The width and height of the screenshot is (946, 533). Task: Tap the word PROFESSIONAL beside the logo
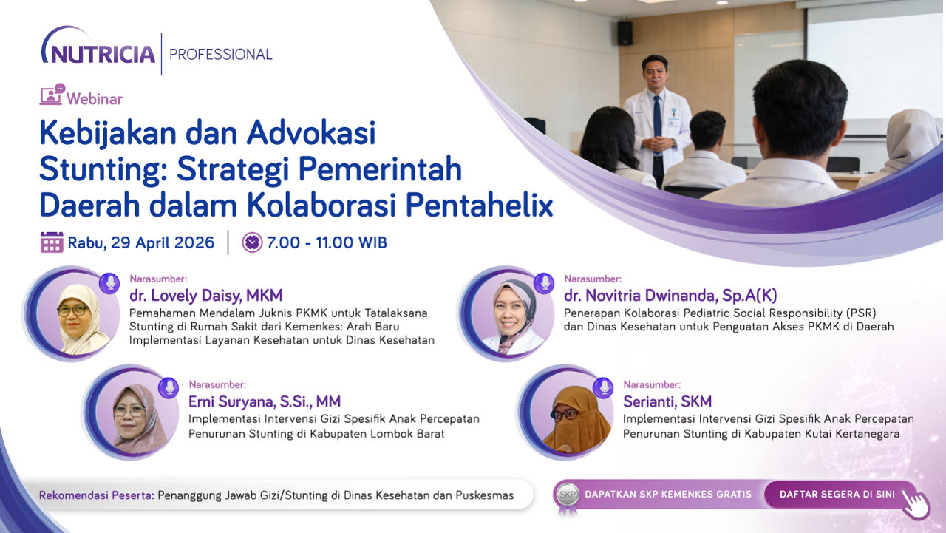[x=221, y=55]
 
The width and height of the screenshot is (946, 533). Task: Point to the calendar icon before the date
[x=52, y=242]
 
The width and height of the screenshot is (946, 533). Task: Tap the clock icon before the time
[x=252, y=242]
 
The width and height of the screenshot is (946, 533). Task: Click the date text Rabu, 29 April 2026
[x=141, y=243]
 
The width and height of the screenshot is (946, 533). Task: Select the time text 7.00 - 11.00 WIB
[x=327, y=243]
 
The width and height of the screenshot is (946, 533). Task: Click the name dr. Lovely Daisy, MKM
[x=205, y=296]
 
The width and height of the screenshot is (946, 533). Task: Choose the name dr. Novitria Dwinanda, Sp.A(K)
[x=670, y=296]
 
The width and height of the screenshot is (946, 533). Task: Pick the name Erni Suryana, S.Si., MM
[x=265, y=401]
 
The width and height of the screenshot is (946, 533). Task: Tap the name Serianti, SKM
[x=667, y=401]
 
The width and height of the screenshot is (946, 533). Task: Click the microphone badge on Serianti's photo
[x=604, y=387]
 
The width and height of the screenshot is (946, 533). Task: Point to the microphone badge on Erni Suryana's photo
[x=169, y=387]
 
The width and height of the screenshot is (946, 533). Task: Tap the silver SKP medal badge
[x=567, y=496]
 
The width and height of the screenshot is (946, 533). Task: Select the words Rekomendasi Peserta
[x=97, y=495]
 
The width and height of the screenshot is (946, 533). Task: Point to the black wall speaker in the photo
[x=625, y=33]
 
